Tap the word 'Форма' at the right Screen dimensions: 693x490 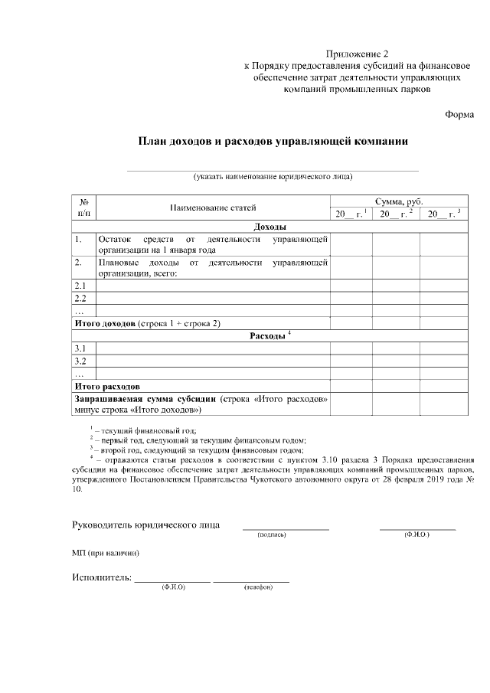point(459,114)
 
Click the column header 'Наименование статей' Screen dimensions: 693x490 point(213,208)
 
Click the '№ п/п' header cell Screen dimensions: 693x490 point(84,207)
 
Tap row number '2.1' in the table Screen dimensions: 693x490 point(80,285)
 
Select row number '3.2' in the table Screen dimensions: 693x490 point(80,361)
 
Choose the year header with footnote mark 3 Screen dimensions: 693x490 point(443,214)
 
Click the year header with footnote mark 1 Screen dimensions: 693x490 point(350,214)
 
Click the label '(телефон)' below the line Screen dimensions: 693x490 point(258,587)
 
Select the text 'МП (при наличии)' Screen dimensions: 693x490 point(106,552)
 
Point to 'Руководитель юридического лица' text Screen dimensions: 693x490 point(145,525)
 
